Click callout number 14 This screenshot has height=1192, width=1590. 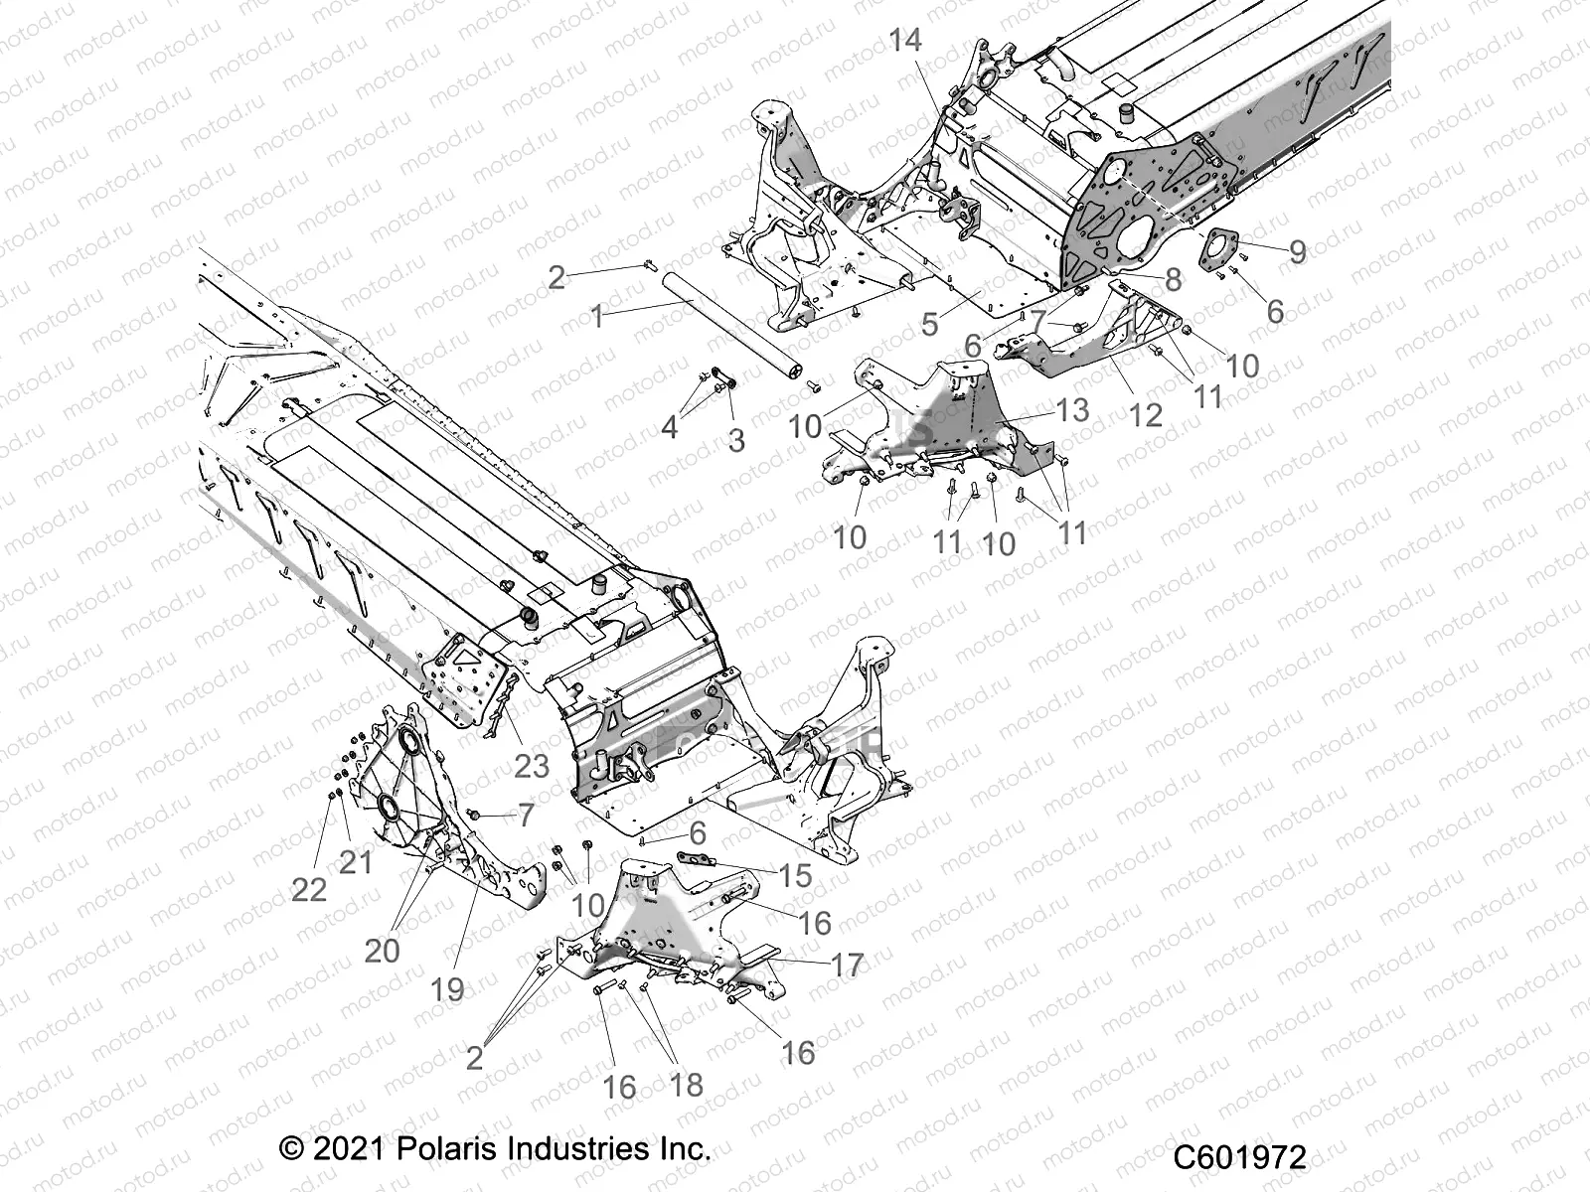click(x=905, y=41)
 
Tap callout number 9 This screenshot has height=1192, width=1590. click(x=1297, y=251)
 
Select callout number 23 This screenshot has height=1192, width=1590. click(x=532, y=766)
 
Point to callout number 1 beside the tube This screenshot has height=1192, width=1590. click(x=597, y=317)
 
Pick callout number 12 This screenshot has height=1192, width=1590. click(x=1146, y=414)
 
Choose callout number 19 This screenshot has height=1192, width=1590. click(x=448, y=988)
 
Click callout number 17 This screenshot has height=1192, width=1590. click(x=847, y=965)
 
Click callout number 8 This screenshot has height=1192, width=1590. click(x=1174, y=280)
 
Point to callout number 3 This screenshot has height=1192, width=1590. click(x=736, y=440)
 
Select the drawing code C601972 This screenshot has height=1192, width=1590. click(x=1239, y=1158)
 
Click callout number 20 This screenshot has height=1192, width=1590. click(x=382, y=951)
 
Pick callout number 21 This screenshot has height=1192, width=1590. click(x=355, y=861)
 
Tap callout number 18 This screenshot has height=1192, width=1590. click(x=686, y=1085)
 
